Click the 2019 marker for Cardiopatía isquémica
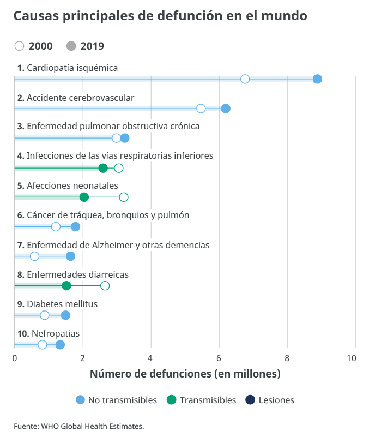pos(317,79)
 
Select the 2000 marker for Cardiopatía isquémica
pos(245,79)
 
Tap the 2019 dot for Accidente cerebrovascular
pos(226,109)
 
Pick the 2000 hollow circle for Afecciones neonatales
pos(124,197)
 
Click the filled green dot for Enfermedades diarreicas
pos(66,286)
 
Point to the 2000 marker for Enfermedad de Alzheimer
pos(35,256)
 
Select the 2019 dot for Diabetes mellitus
pos(65,315)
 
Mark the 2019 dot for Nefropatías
pos(60,345)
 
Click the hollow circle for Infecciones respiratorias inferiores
pos(119,168)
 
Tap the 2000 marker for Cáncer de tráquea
pos(56,227)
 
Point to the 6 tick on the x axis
pos(219,358)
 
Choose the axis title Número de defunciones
pos(185,374)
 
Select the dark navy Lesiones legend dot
pos(250,400)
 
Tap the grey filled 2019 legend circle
pos(71,46)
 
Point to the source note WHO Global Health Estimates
pos(92,426)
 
